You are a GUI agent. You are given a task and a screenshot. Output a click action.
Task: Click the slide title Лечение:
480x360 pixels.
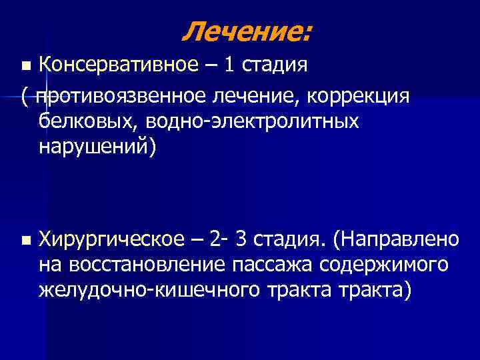pyautogui.click(x=246, y=30)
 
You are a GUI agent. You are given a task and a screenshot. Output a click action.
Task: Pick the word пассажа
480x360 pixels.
pyautogui.click(x=277, y=265)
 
